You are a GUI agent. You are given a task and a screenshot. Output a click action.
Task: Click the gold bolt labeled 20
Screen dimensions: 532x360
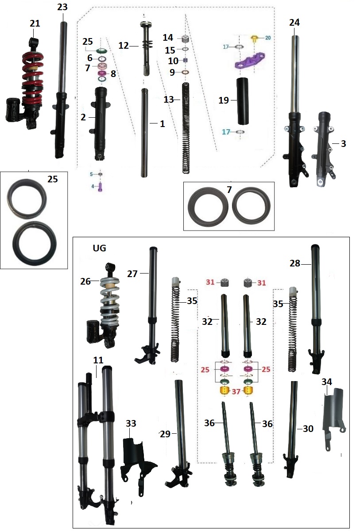(x=255, y=39)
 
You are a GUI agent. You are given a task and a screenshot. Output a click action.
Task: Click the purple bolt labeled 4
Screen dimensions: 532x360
(x=100, y=187)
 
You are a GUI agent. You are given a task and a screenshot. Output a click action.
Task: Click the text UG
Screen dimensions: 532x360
(x=99, y=248)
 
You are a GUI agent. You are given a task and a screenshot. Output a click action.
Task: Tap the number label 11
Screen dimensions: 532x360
(x=98, y=360)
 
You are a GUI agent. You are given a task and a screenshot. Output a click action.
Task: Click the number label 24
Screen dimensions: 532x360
(x=294, y=22)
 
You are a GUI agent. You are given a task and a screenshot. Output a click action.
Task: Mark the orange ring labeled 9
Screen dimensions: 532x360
(x=186, y=73)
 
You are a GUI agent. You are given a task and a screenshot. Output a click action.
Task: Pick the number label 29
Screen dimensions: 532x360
(x=165, y=434)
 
